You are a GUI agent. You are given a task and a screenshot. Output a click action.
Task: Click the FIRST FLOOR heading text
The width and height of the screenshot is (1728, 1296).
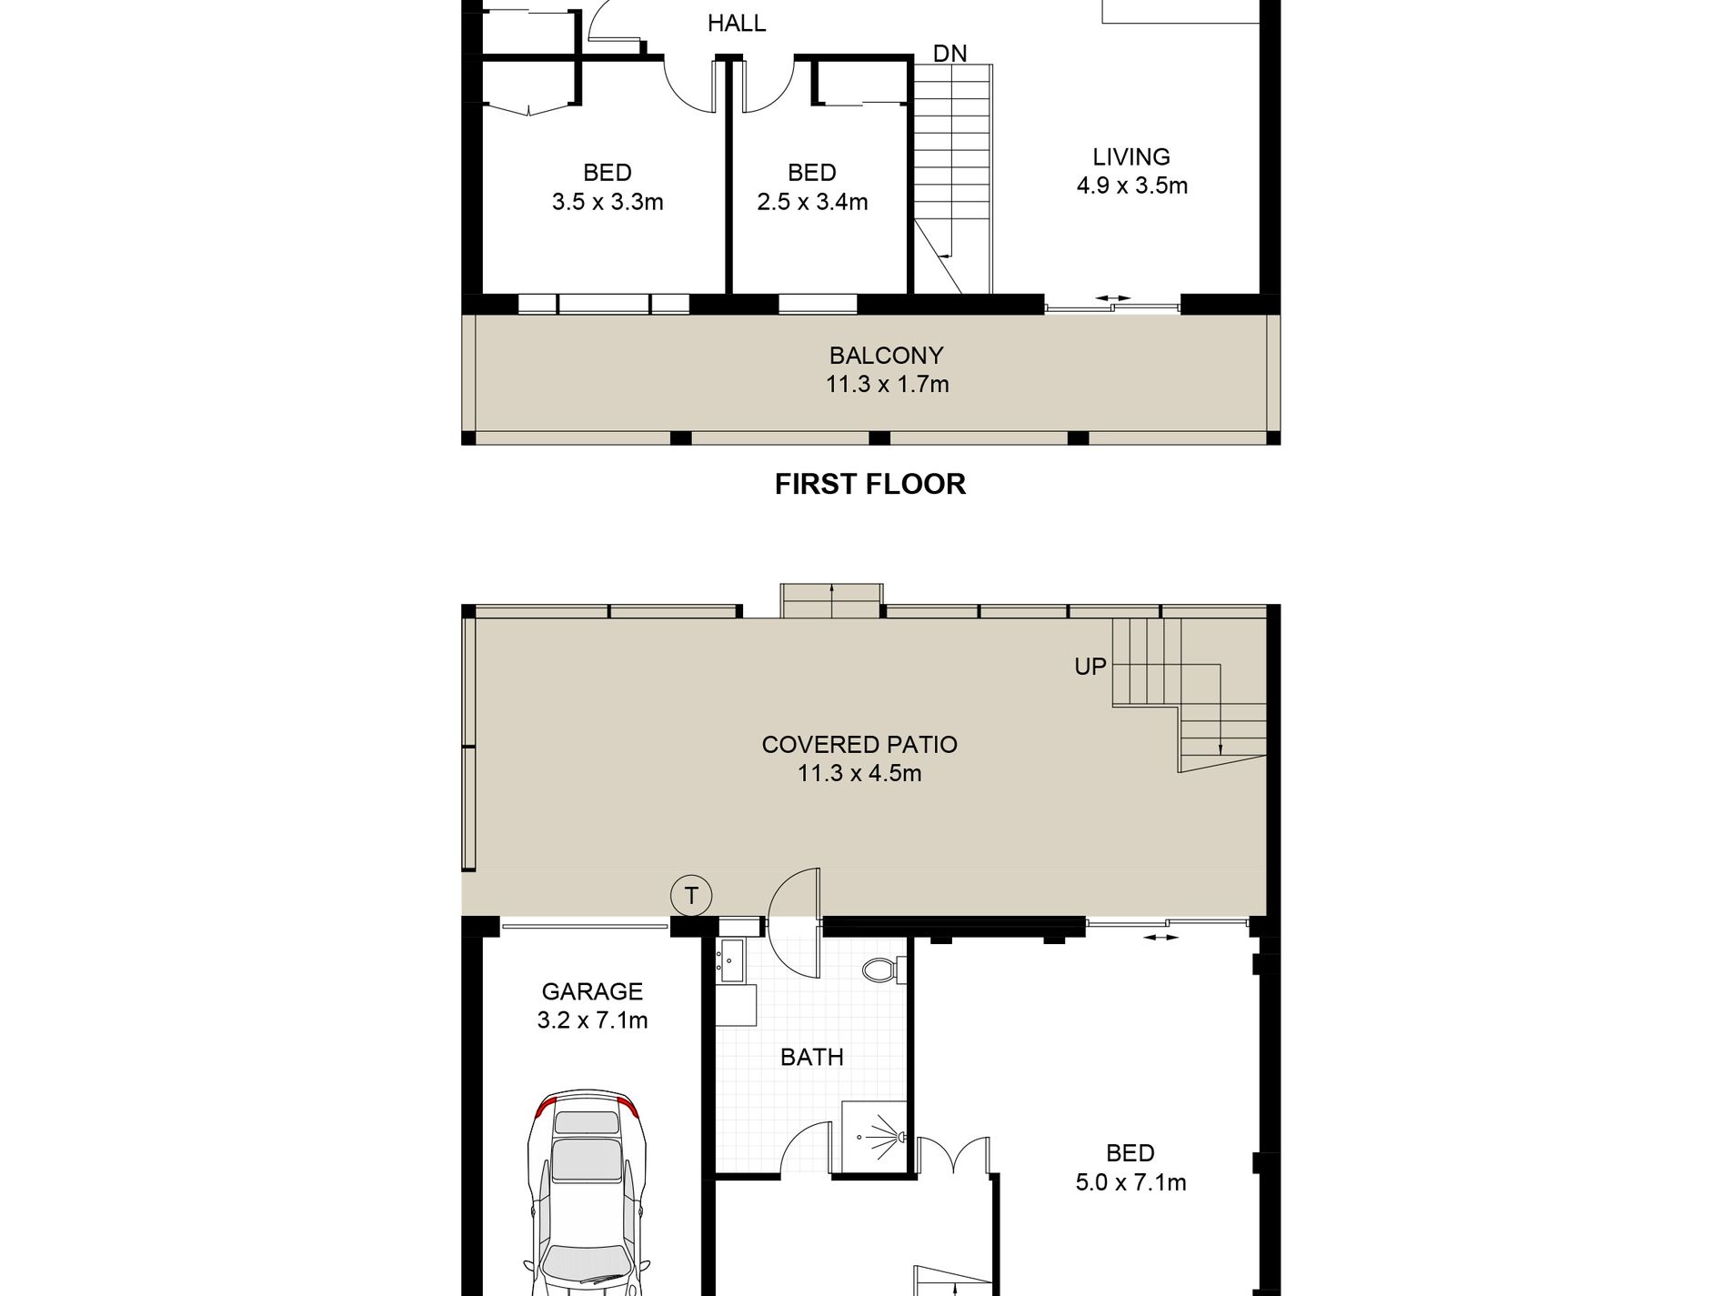(869, 484)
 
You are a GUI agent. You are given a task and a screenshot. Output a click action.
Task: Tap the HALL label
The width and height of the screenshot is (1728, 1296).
(736, 23)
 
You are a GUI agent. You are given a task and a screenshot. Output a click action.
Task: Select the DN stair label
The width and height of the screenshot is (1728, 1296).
(949, 54)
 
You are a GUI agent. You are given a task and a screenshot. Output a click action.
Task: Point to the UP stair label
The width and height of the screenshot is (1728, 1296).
(1090, 667)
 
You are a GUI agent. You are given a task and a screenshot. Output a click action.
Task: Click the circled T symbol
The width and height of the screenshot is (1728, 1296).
(690, 896)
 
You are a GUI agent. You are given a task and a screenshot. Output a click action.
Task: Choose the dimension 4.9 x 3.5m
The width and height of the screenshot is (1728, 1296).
(1131, 186)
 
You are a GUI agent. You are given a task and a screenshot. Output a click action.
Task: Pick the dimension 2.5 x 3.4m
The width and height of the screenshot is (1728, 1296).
(811, 202)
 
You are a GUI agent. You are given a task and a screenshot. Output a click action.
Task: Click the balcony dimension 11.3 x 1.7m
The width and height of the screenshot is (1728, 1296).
(886, 384)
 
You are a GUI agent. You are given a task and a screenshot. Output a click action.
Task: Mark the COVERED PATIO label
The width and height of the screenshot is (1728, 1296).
(859, 745)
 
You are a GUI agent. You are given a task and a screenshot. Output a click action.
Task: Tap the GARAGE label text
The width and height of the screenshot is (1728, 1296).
(591, 991)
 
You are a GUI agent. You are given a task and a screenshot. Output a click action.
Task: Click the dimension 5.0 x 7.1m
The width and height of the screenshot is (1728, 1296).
(1130, 1182)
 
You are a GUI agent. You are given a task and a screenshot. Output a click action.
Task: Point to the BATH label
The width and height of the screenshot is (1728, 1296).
(811, 1057)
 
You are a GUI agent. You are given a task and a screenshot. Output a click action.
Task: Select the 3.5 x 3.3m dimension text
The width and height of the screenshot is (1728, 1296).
(607, 202)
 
